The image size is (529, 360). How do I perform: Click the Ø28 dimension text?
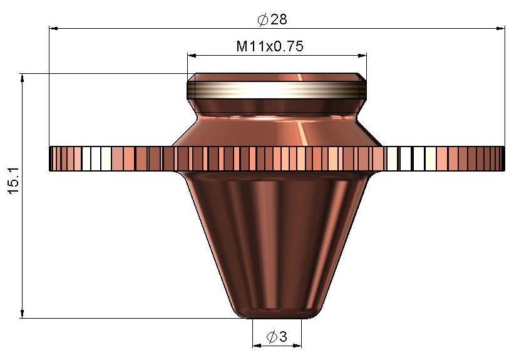pos(272,19)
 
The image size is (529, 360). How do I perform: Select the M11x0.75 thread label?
pos(270,46)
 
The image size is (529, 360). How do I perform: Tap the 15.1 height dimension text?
pos(14,180)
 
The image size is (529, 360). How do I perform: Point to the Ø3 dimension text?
pos(277,336)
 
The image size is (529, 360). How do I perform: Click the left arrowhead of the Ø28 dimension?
pos(53,29)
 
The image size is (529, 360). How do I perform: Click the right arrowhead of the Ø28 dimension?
pos(501,29)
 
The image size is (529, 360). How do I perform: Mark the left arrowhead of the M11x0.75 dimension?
pos(192,55)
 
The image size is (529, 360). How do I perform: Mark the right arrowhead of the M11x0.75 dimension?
pos(362,55)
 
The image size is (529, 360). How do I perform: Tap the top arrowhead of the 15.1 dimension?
pos(23,78)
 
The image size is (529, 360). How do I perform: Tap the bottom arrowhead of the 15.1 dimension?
pos(23,314)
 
